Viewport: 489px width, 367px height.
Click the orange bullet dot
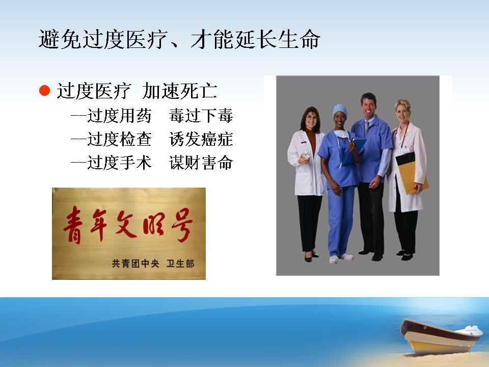pos(45,91)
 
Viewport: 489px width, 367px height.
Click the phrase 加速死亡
pos(179,91)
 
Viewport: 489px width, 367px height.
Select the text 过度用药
pos(119,116)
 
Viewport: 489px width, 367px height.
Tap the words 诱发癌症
pos(201,139)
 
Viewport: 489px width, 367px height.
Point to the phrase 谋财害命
pos(201,163)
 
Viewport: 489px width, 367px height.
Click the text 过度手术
pos(119,163)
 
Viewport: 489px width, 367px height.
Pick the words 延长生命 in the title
pos(278,40)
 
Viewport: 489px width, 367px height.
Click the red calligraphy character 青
pos(73,225)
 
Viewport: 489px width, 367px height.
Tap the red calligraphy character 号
pos(182,225)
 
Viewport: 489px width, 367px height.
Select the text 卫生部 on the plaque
pos(180,264)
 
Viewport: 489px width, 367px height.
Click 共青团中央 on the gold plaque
pos(135,264)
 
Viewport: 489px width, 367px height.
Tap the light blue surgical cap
pos(340,111)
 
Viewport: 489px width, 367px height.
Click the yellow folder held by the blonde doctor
pos(412,173)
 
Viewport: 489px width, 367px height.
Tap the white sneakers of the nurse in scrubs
pos(342,258)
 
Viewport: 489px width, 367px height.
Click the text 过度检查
pos(119,139)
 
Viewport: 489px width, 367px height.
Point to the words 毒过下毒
pos(201,116)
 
